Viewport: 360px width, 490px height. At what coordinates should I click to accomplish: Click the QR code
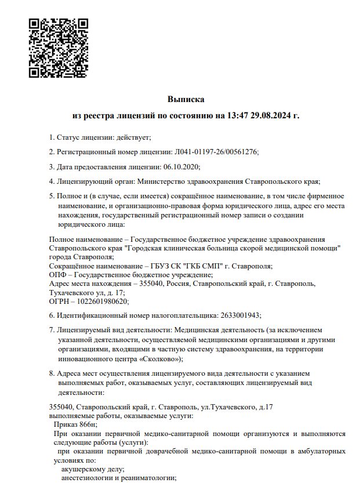(58, 48)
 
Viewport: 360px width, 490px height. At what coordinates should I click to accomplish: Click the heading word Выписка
(186, 100)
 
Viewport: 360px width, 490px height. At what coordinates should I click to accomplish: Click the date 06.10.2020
(181, 167)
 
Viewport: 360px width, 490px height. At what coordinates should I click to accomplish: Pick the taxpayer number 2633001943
(240, 315)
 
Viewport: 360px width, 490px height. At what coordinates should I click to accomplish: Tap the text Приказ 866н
(75, 424)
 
